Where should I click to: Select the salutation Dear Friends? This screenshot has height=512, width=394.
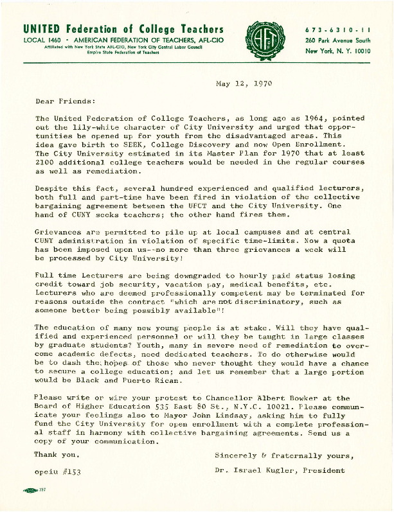point(65,101)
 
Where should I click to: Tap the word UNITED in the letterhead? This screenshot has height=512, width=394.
point(41,30)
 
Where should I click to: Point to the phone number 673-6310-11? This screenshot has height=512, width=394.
point(337,30)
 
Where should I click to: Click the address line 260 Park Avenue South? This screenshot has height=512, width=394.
point(337,40)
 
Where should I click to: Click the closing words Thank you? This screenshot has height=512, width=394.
point(58,455)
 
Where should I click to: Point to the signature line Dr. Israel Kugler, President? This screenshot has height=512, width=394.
point(280,470)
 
